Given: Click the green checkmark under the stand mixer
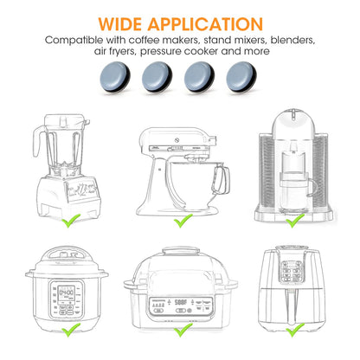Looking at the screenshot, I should pyautogui.click(x=182, y=222).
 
